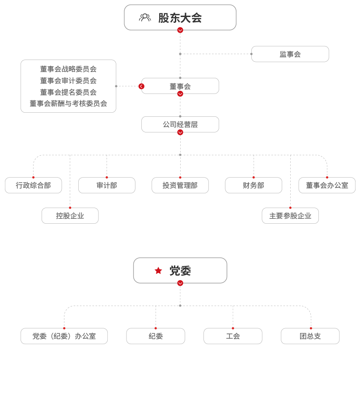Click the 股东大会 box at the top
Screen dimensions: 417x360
click(180, 17)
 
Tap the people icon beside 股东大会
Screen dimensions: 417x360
click(144, 17)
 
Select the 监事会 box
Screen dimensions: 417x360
click(290, 54)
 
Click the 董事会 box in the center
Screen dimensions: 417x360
click(180, 86)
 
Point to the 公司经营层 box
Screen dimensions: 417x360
click(180, 124)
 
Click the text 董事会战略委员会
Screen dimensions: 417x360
click(68, 69)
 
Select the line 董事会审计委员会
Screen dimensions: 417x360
click(68, 81)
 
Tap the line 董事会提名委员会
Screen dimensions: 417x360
click(68, 92)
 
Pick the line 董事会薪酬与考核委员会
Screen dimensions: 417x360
click(68, 103)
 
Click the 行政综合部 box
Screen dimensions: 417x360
click(34, 185)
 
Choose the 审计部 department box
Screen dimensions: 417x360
click(107, 185)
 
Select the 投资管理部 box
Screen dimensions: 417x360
click(180, 185)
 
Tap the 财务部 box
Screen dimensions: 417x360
click(254, 185)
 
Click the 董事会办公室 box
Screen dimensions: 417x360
click(327, 185)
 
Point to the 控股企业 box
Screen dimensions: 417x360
click(70, 216)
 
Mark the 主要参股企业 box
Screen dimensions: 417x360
click(290, 216)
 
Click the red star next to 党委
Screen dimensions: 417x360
click(158, 271)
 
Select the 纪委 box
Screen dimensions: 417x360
click(156, 336)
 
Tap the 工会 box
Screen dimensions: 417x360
click(233, 336)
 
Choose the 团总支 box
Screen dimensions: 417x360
click(310, 336)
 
